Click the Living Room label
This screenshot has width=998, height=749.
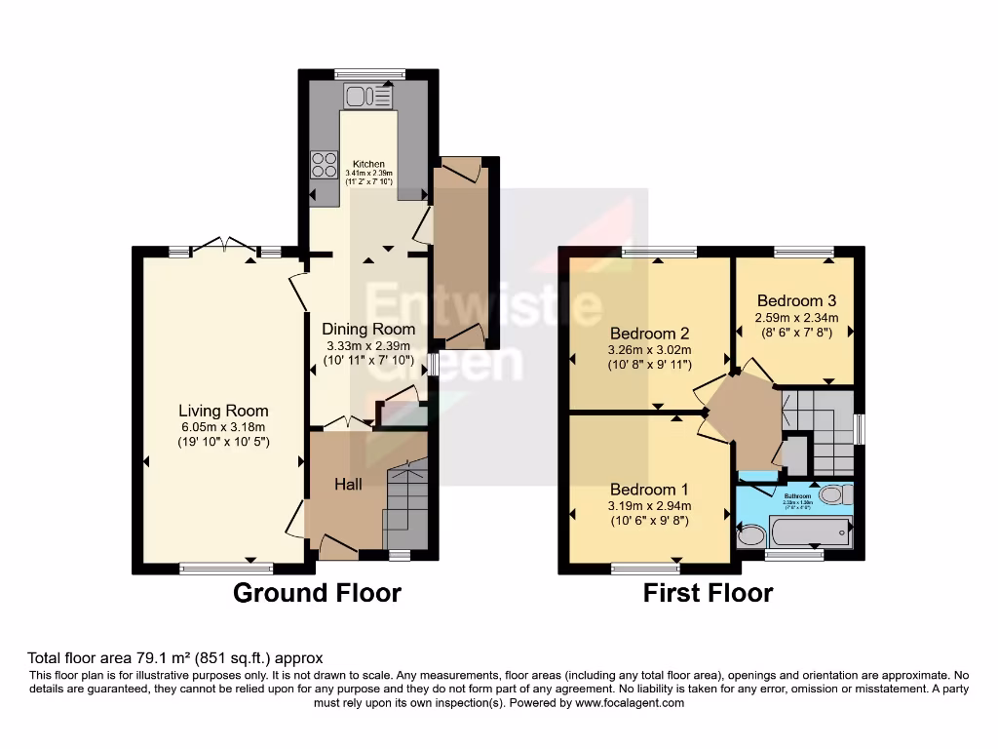tap(223, 411)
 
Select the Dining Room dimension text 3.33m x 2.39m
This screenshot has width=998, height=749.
tap(367, 345)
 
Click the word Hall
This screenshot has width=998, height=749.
tap(349, 484)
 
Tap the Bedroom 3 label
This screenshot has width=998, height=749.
tap(796, 300)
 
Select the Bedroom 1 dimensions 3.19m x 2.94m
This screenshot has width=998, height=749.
tap(649, 505)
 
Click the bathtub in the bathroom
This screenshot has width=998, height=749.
tap(810, 532)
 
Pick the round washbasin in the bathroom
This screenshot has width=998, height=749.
tap(751, 534)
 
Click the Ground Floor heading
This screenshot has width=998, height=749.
tap(317, 592)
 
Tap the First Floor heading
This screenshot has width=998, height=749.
tap(708, 592)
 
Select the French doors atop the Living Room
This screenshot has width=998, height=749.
tap(225, 245)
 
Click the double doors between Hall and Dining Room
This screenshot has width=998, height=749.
tap(347, 424)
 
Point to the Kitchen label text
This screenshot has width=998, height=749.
tap(368, 164)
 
